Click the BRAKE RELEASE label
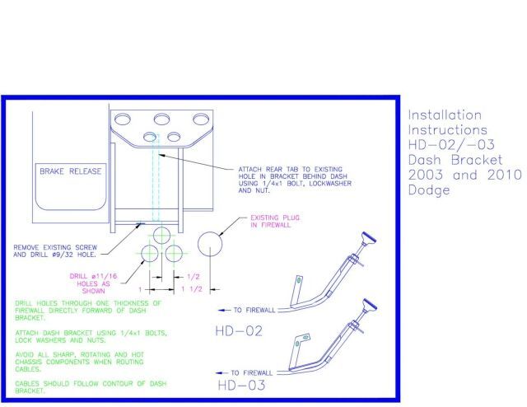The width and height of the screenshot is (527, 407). click(70, 171)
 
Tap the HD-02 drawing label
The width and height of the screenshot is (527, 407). click(239, 331)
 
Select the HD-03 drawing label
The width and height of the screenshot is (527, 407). click(241, 385)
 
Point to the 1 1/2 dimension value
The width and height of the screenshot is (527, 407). click(192, 289)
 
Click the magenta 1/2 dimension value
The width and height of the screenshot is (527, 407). click(194, 277)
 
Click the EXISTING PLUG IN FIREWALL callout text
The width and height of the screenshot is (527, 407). click(275, 222)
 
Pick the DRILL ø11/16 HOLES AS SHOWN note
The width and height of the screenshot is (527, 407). click(93, 283)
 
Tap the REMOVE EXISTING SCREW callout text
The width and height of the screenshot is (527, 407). click(55, 251)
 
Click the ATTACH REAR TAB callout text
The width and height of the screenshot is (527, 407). click(295, 180)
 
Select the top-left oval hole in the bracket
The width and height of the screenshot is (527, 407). click(123, 119)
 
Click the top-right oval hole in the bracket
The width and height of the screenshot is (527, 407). click(201, 119)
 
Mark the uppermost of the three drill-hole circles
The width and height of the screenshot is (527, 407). click(162, 235)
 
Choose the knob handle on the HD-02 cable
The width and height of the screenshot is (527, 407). click(369, 238)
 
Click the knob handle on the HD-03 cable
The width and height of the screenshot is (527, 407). click(370, 304)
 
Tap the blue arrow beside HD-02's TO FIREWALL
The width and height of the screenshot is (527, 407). click(225, 310)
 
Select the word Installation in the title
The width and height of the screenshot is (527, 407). click(445, 115)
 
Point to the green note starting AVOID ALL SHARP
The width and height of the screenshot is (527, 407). click(79, 362)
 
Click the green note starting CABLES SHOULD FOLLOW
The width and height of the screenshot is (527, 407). click(91, 387)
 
